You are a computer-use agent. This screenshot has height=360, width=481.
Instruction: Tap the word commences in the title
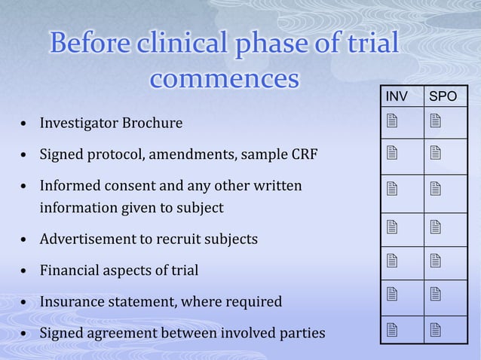225,79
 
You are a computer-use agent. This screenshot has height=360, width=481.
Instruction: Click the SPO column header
443,97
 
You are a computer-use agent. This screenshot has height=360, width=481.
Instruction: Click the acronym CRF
303,155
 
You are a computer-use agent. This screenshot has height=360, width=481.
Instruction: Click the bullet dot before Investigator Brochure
26,122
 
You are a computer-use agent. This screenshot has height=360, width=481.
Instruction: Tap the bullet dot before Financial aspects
26,270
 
